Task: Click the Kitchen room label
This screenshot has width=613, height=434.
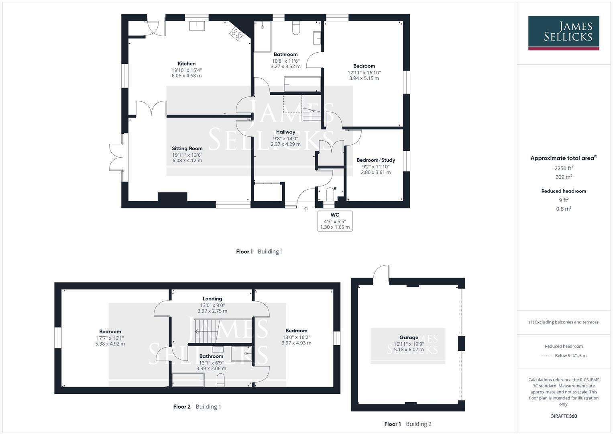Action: pyautogui.click(x=187, y=63)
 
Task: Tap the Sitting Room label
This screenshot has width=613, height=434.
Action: pyautogui.click(x=187, y=148)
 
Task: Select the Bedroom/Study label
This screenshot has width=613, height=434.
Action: pyautogui.click(x=376, y=160)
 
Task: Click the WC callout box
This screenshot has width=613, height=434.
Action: pyautogui.click(x=335, y=221)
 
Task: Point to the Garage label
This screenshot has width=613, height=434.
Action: pyautogui.click(x=409, y=338)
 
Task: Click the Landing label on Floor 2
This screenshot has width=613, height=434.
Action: pyautogui.click(x=212, y=299)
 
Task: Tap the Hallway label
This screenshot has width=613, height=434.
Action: pyautogui.click(x=285, y=132)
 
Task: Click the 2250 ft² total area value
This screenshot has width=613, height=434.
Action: pyautogui.click(x=564, y=168)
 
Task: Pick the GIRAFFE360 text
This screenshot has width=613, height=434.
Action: pyautogui.click(x=564, y=416)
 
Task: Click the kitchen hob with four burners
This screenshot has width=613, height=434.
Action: pyautogui.click(x=236, y=33)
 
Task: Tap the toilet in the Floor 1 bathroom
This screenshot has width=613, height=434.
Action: pyautogui.click(x=296, y=28)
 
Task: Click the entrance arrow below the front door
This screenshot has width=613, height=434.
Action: pyautogui.click(x=306, y=209)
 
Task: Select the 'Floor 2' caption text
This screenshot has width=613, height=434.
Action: pyautogui.click(x=182, y=407)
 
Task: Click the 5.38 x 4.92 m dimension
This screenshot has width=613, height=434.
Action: pyautogui.click(x=110, y=344)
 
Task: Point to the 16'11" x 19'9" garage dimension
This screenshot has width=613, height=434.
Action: pyautogui.click(x=409, y=344)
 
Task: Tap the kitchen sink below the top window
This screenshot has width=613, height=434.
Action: pyautogui.click(x=197, y=26)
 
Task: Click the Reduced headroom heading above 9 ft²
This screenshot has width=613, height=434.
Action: pyautogui.click(x=564, y=191)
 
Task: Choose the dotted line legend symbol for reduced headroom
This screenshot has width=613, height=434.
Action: pyautogui.click(x=546, y=356)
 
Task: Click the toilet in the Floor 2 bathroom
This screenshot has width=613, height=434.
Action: pyautogui.click(x=220, y=380)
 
